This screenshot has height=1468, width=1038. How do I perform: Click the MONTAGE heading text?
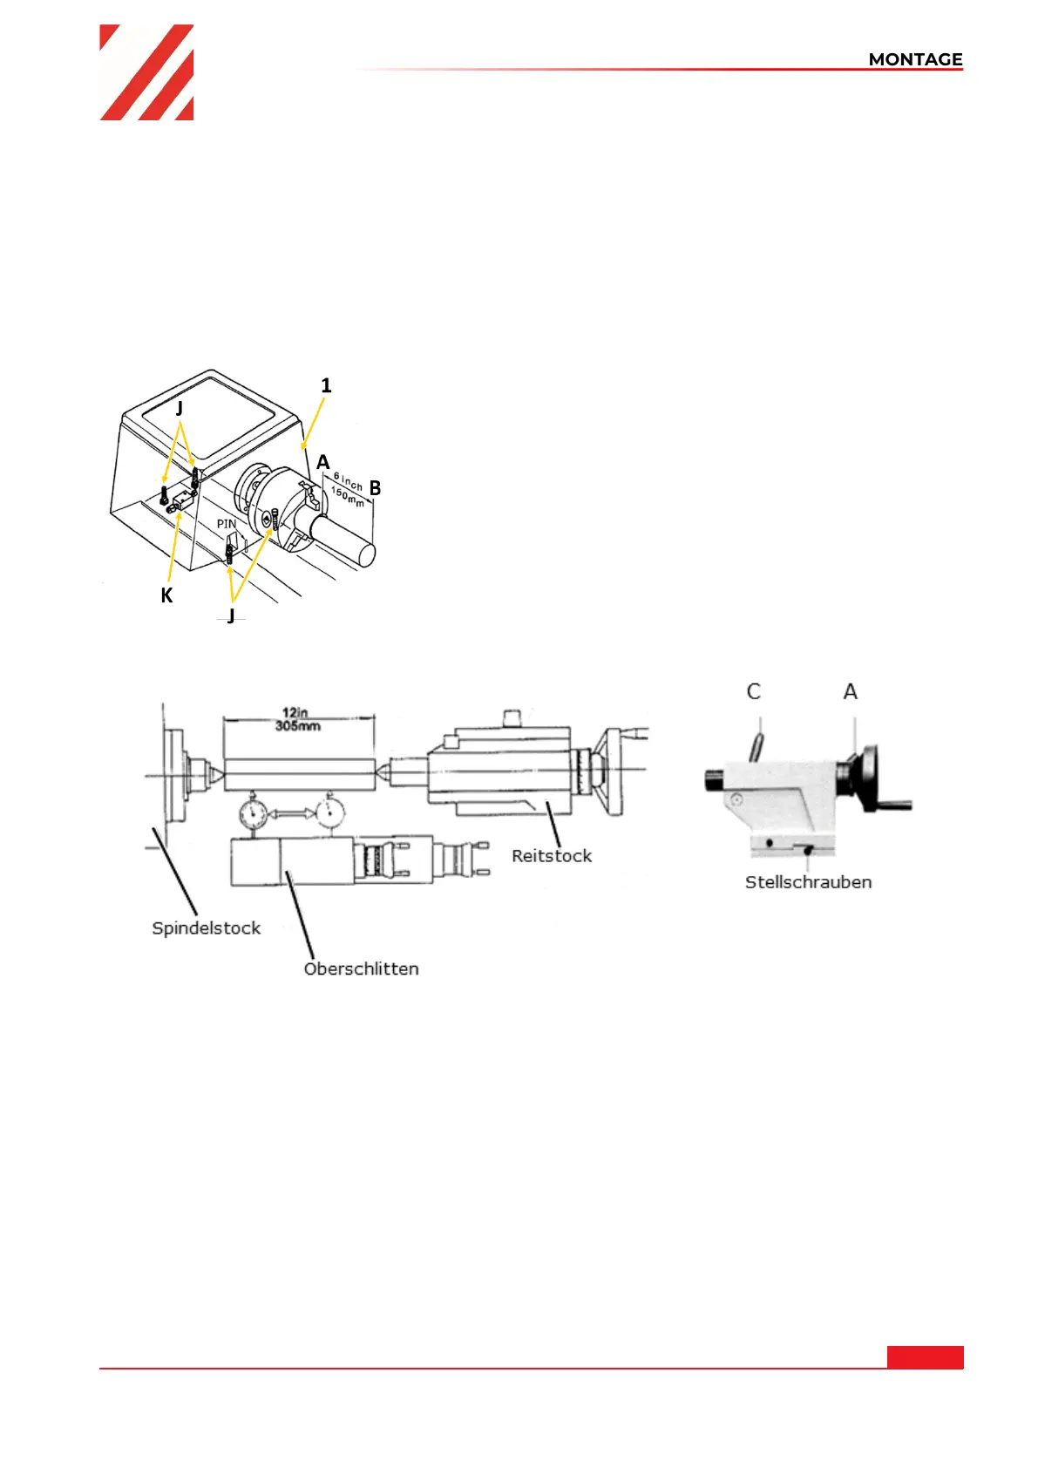tap(915, 59)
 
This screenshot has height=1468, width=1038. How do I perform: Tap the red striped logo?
tap(146, 72)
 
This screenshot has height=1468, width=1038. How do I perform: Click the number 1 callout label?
tap(326, 385)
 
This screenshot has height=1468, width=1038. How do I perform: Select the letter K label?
tap(167, 595)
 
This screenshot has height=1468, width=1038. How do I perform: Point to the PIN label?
tap(226, 524)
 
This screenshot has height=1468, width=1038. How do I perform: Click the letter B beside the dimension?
tap(375, 488)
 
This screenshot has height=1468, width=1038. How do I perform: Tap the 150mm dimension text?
tap(348, 497)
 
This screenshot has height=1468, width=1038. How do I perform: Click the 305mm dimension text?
tap(297, 726)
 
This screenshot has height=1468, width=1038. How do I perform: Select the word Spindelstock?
tap(207, 928)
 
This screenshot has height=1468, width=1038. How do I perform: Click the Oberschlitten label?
tap(361, 968)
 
